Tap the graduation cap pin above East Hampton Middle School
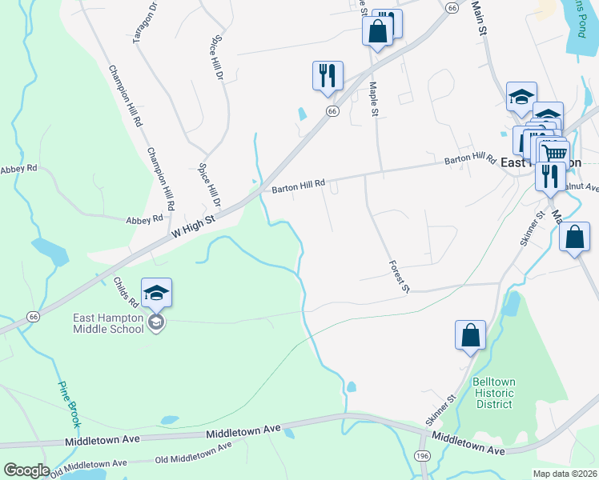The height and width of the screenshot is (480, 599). pyautogui.click(x=157, y=293)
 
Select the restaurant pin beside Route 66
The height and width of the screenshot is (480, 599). pyautogui.click(x=328, y=75)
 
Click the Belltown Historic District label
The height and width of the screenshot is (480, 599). pyautogui.click(x=492, y=393)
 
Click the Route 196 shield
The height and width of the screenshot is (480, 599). pyautogui.click(x=422, y=455)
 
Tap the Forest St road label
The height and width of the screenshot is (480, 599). pyautogui.click(x=399, y=276)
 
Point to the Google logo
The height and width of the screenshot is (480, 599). pyautogui.click(x=26, y=470)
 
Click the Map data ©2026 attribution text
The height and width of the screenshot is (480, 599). pyautogui.click(x=564, y=474)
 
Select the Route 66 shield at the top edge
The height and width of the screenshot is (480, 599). pyautogui.click(x=452, y=7)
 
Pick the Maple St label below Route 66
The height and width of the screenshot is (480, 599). pyautogui.click(x=373, y=98)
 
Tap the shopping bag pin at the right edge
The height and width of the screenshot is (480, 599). pyautogui.click(x=574, y=238)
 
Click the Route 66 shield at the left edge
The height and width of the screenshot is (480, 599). pyautogui.click(x=33, y=317)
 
